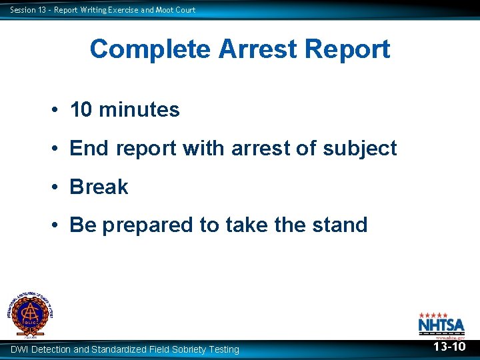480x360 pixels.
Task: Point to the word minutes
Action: click(139, 110)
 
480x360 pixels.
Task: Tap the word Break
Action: click(99, 187)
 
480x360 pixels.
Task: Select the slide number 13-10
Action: click(449, 347)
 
